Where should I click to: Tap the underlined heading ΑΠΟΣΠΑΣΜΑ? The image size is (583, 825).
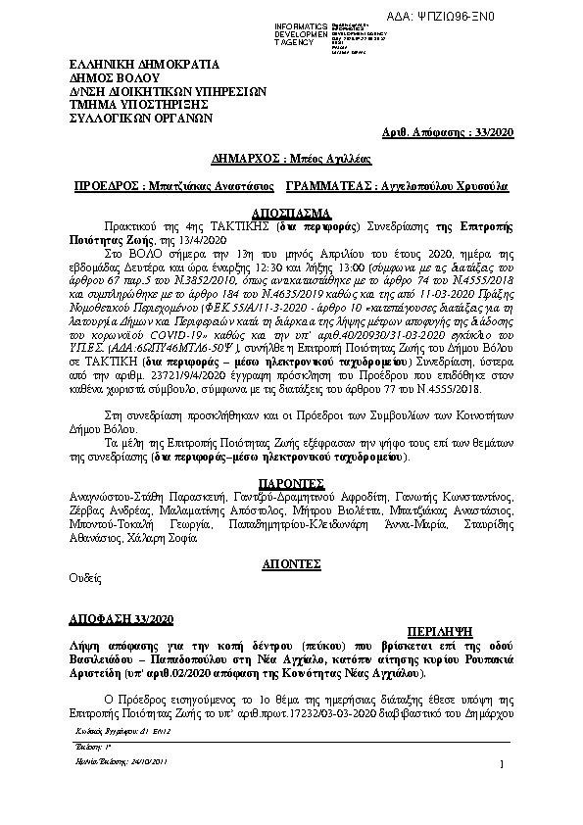pyautogui.click(x=291, y=212)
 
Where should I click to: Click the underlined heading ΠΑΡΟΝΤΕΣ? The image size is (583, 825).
pyautogui.click(x=291, y=483)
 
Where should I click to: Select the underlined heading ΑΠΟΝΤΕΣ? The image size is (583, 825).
pyautogui.click(x=291, y=564)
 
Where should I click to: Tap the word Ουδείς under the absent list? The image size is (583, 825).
pyautogui.click(x=84, y=580)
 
